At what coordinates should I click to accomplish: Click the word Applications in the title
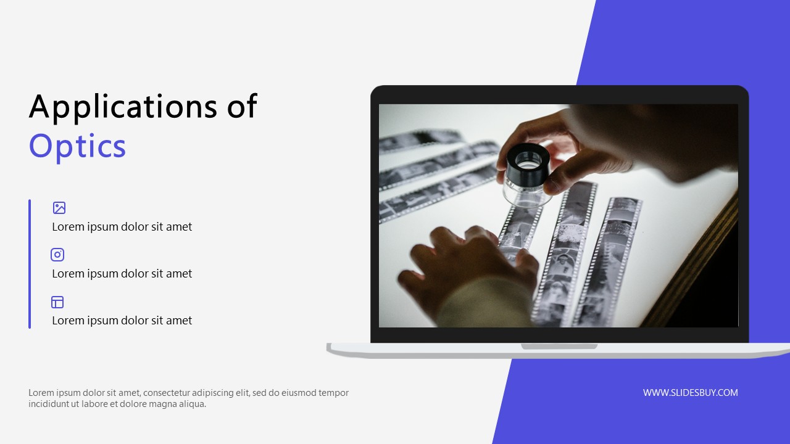(122, 107)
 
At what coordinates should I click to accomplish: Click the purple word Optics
(77, 147)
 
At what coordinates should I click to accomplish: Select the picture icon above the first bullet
(59, 208)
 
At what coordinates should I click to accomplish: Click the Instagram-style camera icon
(57, 255)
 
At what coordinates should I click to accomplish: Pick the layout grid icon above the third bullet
(57, 302)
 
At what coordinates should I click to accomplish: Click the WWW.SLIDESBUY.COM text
(690, 393)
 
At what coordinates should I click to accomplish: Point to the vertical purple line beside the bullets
(30, 263)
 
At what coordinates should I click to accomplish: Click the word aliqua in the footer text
(191, 404)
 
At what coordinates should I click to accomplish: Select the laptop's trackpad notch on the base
(559, 347)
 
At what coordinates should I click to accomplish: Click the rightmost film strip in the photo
(608, 259)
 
